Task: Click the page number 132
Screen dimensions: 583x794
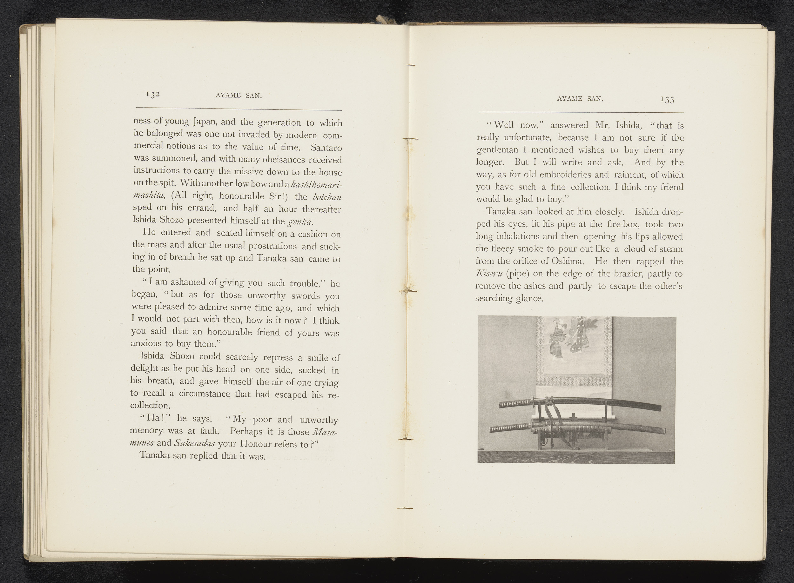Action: click(x=153, y=94)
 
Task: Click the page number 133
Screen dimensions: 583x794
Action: click(x=667, y=100)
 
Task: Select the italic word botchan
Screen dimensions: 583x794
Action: click(x=327, y=197)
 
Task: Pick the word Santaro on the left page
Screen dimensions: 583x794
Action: click(x=326, y=147)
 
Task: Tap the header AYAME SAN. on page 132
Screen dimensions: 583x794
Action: click(x=239, y=96)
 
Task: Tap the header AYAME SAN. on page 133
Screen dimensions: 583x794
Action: click(x=580, y=99)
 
